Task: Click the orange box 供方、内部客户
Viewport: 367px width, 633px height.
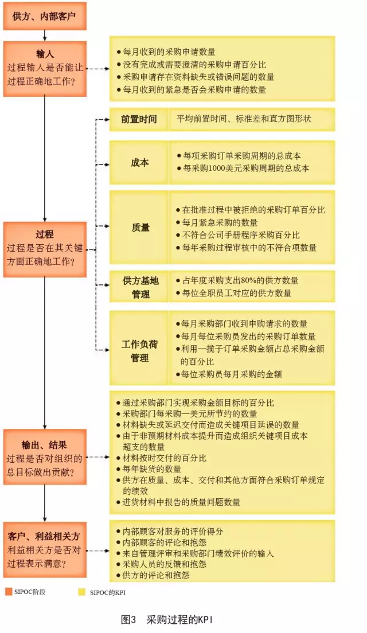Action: tap(44, 16)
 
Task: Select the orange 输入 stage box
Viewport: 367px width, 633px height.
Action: tap(44, 68)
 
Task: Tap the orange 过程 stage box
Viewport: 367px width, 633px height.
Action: tap(44, 248)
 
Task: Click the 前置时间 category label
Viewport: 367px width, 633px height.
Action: tap(139, 119)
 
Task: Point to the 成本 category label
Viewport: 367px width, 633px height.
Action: tap(139, 163)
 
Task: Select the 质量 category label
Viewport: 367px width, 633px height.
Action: tap(139, 228)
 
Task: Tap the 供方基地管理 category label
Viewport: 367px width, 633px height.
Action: tap(139, 287)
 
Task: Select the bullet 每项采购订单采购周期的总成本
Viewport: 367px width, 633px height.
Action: tap(241, 155)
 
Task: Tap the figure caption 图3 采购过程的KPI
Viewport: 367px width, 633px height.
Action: tap(167, 620)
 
